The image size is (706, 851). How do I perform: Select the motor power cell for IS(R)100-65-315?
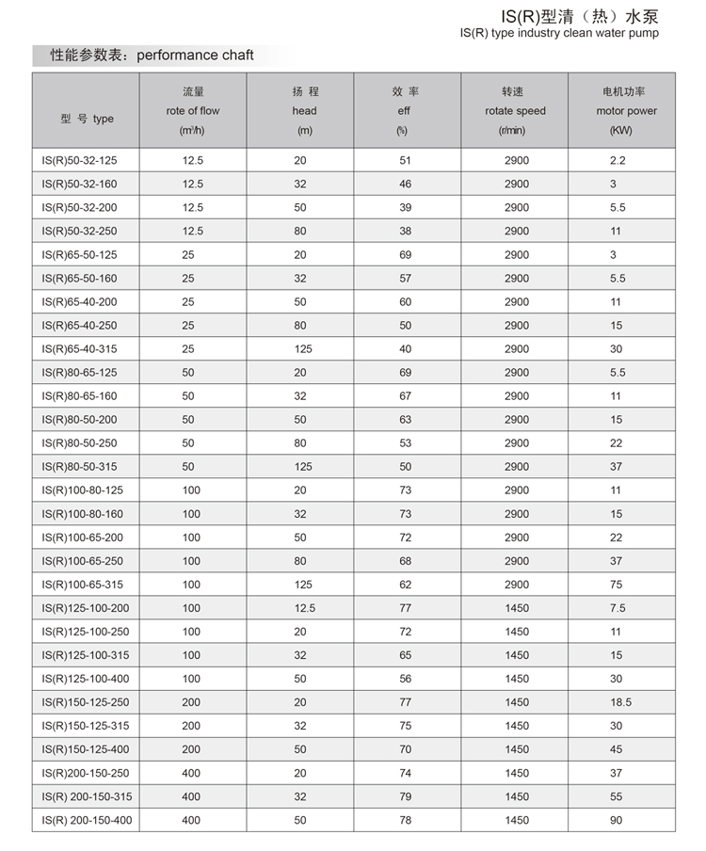[x=617, y=585]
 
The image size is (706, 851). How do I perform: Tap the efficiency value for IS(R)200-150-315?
[x=406, y=796]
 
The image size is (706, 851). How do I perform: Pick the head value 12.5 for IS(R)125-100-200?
[x=303, y=608]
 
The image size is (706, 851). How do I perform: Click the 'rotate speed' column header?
[x=515, y=111]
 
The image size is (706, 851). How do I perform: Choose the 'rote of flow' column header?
[x=192, y=111]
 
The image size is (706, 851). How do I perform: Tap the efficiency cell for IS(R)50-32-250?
[x=406, y=231]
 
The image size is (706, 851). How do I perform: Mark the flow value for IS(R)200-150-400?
[x=192, y=820]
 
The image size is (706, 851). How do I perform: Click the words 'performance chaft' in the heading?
[x=196, y=56]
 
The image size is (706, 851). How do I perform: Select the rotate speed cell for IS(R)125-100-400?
[x=516, y=679]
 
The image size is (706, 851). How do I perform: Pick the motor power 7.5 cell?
[x=618, y=608]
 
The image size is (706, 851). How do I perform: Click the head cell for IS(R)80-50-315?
[x=300, y=467]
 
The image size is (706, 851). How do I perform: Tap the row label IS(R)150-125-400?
[x=85, y=749]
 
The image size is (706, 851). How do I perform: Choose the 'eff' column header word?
[x=405, y=111]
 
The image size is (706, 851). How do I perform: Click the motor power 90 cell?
[x=617, y=820]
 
